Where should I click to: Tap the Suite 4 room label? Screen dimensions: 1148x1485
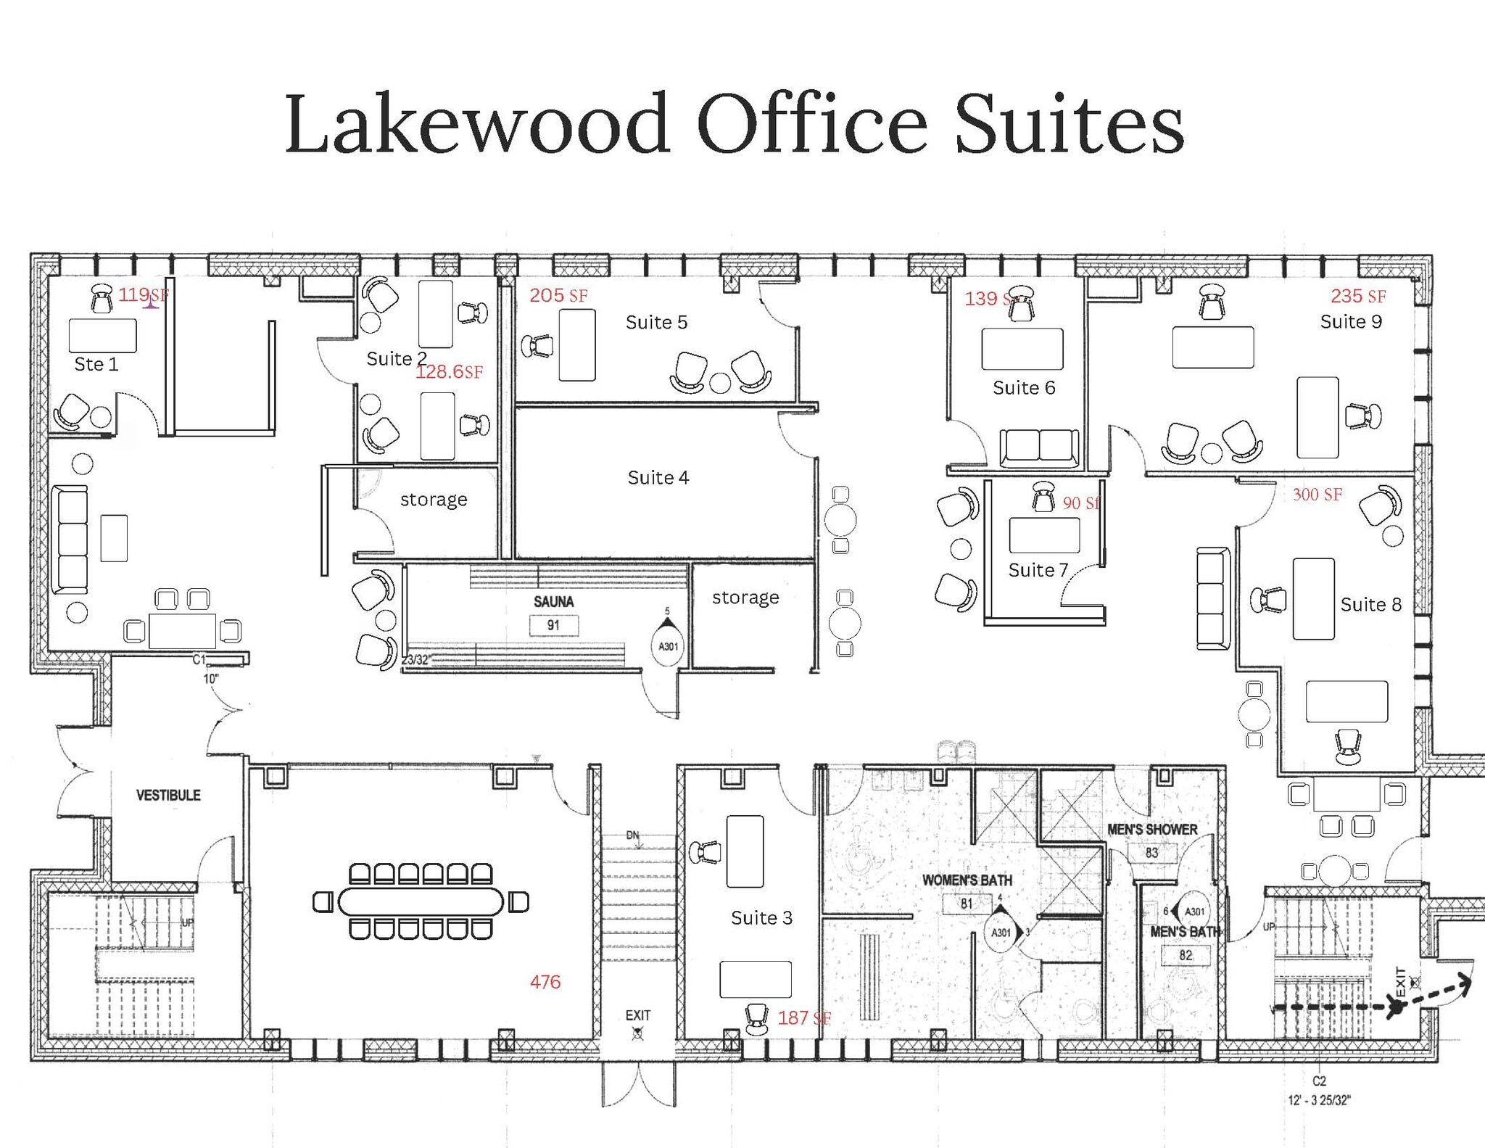click(x=658, y=477)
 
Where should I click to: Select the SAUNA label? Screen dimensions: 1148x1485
click(x=553, y=601)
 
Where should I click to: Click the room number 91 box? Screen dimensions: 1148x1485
click(x=553, y=625)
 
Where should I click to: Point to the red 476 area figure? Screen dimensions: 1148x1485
click(x=545, y=982)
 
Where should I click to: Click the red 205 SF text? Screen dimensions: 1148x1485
click(x=558, y=295)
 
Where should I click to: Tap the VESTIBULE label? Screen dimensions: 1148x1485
click(x=168, y=795)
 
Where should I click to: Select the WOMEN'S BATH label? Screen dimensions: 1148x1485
click(x=967, y=880)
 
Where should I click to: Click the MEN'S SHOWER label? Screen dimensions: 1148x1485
click(x=1151, y=829)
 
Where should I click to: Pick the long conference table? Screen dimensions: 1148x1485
click(x=421, y=902)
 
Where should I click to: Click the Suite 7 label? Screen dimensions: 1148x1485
click(x=1038, y=570)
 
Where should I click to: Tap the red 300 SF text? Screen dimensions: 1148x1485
click(x=1317, y=495)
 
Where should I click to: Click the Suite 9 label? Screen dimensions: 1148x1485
click(x=1350, y=321)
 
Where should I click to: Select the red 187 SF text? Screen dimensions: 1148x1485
click(x=803, y=1018)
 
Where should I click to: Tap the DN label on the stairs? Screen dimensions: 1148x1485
click(x=633, y=835)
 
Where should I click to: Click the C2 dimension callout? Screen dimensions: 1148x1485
click(x=1319, y=1081)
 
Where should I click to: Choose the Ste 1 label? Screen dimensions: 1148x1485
click(x=96, y=364)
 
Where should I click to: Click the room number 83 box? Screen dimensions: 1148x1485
click(x=1151, y=853)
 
